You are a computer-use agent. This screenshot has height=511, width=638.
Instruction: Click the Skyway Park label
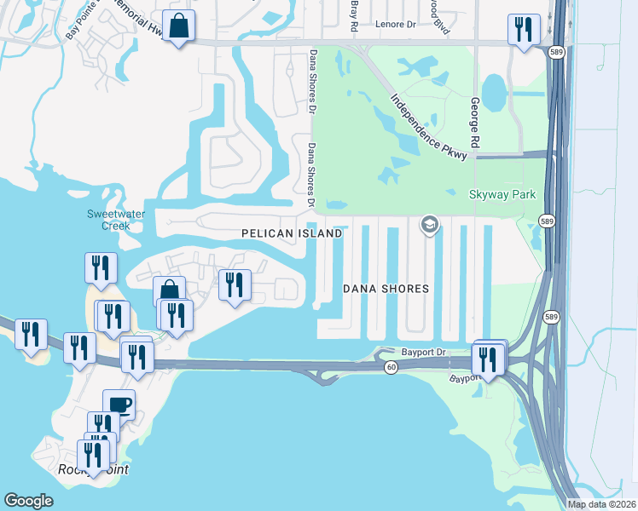[503, 194]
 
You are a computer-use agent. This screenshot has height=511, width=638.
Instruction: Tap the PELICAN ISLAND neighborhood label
[292, 233]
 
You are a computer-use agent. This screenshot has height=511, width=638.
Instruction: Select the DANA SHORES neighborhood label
[386, 289]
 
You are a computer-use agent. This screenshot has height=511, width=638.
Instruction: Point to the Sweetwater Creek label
[108, 220]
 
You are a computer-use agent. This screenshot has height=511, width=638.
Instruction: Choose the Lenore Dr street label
[394, 25]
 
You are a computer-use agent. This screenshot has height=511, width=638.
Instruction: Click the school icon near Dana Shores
[430, 225]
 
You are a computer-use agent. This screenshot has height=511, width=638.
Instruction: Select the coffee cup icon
[119, 405]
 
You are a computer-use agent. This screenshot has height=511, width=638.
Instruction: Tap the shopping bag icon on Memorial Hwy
[178, 26]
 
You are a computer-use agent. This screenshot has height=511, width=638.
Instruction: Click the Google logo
[28, 501]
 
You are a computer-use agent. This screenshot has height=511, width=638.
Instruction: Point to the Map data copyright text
[602, 504]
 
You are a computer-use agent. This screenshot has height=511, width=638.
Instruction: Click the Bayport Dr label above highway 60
[424, 352]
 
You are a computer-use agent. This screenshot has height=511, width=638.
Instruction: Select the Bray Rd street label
[354, 15]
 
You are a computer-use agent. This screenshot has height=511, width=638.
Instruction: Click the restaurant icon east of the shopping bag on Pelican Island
[235, 285]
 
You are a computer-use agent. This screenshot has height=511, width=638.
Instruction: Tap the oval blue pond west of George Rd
[494, 89]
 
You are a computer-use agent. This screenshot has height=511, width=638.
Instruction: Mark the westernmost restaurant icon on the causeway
[31, 334]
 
